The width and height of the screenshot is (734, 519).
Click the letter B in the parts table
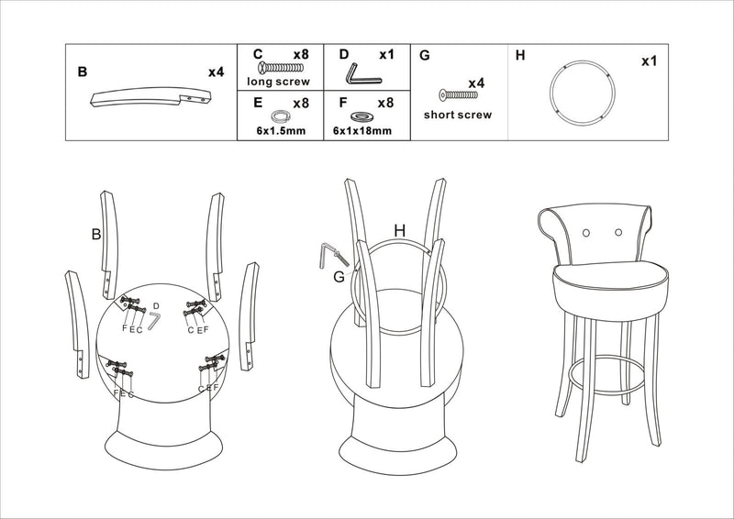(83, 72)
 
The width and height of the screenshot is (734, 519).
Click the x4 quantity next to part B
(216, 72)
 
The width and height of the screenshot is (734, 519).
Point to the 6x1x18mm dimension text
(364, 131)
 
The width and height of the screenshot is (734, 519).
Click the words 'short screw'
(457, 116)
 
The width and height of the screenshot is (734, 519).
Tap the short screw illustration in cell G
(456, 96)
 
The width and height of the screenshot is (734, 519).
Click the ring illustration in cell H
(581, 93)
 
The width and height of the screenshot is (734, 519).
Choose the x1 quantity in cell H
(649, 61)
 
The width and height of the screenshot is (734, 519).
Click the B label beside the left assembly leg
(95, 235)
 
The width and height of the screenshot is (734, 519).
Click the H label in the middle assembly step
(399, 230)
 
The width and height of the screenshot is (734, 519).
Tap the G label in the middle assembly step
(339, 276)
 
